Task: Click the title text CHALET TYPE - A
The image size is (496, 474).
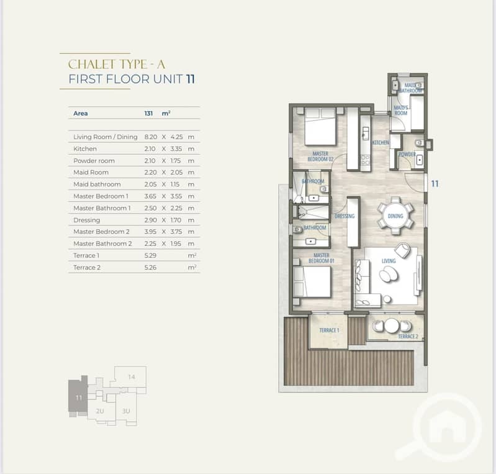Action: click(117, 65)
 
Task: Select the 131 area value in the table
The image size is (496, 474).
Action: click(148, 113)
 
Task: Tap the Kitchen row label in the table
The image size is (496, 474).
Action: click(85, 149)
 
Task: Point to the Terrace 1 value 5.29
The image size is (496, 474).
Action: click(150, 255)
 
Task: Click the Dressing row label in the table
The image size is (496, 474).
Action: click(87, 220)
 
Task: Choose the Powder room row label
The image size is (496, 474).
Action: click(94, 161)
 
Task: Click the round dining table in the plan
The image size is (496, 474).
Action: click(395, 216)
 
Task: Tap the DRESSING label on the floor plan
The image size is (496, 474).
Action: click(345, 216)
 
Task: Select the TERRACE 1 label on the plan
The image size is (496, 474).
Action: click(329, 330)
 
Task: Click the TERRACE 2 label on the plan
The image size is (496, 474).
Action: click(408, 336)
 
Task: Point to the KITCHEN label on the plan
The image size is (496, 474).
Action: click(381, 142)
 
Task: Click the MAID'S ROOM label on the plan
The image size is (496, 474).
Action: click(401, 110)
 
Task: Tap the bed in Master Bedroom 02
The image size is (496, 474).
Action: click(320, 127)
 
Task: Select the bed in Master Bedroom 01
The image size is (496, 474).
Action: click(312, 282)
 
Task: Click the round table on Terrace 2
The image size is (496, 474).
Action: click(392, 326)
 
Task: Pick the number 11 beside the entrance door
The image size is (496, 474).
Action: click(435, 184)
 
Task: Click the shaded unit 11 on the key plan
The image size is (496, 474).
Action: click(78, 396)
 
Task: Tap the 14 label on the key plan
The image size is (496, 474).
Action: click(132, 377)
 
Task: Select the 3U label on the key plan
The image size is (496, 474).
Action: click(126, 411)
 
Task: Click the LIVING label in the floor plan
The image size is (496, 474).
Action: click(389, 261)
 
